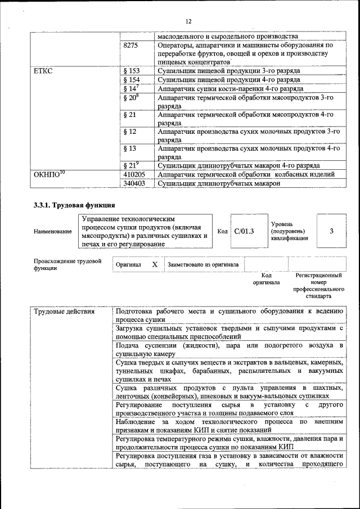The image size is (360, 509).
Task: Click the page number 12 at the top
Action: point(188,21)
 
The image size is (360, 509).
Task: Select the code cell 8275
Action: point(130,44)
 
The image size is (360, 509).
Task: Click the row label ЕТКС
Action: point(43,71)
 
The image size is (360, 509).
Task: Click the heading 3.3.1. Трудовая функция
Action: point(74,205)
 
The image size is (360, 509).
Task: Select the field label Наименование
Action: point(53,231)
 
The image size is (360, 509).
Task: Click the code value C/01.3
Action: point(244,231)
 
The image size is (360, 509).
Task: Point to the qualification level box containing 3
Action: point(331,231)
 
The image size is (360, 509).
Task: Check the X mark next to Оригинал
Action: point(154,264)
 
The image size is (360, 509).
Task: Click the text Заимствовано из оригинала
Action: point(203,264)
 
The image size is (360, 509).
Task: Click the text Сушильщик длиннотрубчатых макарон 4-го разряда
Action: point(239,165)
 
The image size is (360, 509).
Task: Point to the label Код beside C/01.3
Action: point(222,231)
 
